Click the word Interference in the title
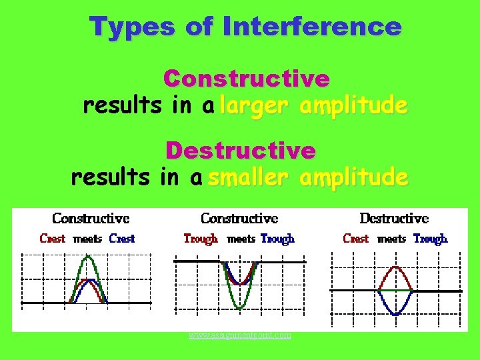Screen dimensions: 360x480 point(313,27)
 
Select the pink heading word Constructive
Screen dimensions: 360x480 point(247,79)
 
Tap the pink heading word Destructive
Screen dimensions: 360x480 point(241,151)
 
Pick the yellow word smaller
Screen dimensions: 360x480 point(247,177)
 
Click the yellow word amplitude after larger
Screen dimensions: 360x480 point(353,105)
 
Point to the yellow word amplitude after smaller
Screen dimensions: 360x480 point(353,177)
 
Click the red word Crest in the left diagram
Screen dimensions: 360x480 point(53,238)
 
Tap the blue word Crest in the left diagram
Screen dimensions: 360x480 point(121,238)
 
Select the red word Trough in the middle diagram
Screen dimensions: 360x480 point(201,238)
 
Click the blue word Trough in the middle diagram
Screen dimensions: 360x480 point(277,238)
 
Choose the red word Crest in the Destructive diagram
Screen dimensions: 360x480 point(355,238)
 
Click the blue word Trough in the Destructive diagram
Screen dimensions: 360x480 point(430,238)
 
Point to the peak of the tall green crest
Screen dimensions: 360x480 point(87,257)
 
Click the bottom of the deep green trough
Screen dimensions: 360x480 point(239,308)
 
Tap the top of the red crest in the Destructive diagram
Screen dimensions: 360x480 point(395,267)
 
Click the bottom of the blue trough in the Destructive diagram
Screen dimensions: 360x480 point(395,315)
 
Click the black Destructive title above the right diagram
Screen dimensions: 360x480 point(394,218)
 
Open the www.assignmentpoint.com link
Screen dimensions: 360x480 point(239,335)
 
